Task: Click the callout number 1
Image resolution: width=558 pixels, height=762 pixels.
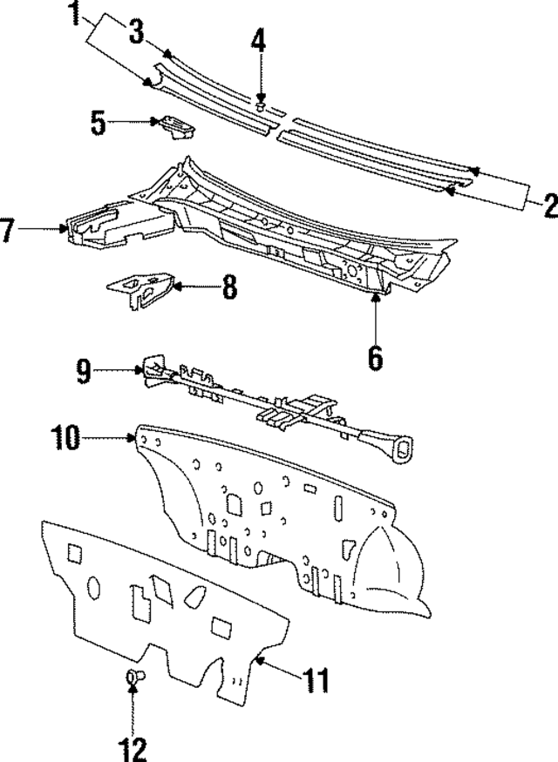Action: click(77, 13)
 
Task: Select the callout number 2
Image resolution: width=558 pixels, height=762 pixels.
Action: click(548, 206)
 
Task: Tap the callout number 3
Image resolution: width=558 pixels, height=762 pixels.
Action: click(135, 32)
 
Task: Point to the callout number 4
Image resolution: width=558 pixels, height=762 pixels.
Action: click(258, 40)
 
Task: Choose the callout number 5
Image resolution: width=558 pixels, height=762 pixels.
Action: click(100, 123)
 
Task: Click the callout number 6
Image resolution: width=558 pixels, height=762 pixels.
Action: click(375, 357)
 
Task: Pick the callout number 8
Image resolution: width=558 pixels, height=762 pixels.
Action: click(228, 287)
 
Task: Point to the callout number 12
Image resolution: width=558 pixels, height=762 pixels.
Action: click(133, 746)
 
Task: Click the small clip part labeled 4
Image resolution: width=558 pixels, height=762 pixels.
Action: click(260, 105)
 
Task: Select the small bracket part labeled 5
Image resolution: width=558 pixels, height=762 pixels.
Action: click(175, 127)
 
